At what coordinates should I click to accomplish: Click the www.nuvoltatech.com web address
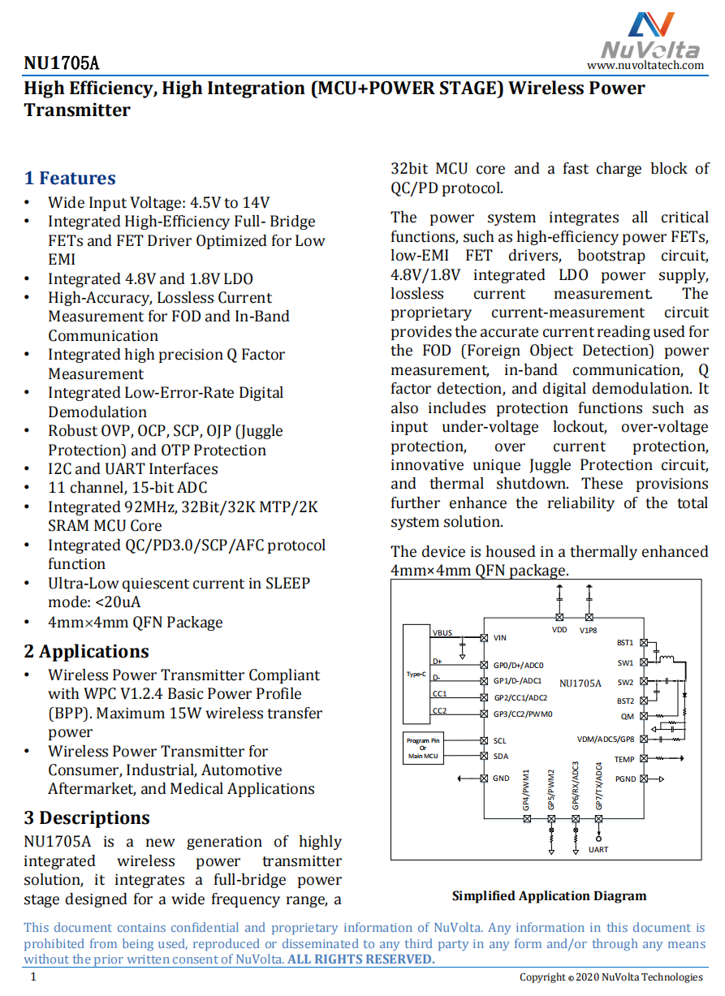pos(645,65)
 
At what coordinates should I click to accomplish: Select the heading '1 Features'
pos(70,179)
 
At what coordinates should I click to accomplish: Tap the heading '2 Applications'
pos(86,652)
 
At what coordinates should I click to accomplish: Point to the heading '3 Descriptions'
pos(87,818)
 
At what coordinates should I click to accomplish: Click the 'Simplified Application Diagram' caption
pos(549,896)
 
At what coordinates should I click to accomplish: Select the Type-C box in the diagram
pos(416,675)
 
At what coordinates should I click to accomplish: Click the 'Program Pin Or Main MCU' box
pos(422,748)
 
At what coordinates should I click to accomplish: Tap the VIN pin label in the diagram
pos(500,638)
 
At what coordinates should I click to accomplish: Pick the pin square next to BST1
pos(644,643)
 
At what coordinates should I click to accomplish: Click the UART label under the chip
pos(598,850)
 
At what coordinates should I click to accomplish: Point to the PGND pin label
pos(626,779)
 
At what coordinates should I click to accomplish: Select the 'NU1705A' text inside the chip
pos(580,683)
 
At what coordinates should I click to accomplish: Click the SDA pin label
pos(501,756)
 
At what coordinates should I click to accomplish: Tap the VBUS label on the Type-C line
pos(442,632)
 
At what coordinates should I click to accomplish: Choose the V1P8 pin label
pos(589,630)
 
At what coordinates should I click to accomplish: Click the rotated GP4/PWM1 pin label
pos(526,790)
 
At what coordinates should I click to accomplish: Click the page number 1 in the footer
pos(33,977)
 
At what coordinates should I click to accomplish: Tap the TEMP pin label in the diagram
pos(624,760)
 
